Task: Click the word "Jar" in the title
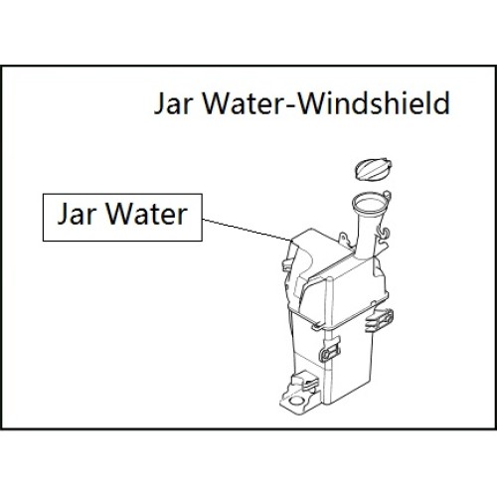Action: (173, 103)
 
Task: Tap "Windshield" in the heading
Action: (374, 102)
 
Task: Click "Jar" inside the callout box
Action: (78, 214)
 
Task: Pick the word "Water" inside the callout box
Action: (147, 214)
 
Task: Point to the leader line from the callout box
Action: (248, 230)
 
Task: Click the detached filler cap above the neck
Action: (373, 169)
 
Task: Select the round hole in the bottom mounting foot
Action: (296, 401)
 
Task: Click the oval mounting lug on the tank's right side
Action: (380, 320)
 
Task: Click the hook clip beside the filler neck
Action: (384, 234)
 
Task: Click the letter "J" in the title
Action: (159, 104)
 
